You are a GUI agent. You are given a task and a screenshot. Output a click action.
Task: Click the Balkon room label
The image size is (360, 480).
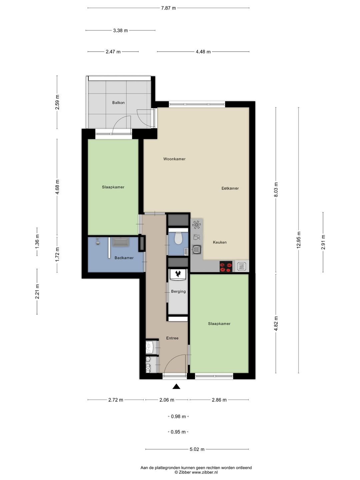click(118, 103)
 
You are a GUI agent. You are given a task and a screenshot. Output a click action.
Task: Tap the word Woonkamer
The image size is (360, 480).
click(174, 159)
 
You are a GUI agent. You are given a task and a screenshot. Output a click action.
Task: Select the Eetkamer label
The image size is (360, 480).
click(230, 188)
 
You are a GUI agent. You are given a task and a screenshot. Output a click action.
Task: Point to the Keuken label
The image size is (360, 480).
click(220, 242)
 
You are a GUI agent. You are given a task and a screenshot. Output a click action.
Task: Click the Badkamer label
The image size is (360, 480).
click(124, 258)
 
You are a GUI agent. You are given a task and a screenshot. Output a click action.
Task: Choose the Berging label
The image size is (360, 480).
click(178, 291)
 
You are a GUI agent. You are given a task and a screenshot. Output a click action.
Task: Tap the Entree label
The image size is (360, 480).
click(172, 338)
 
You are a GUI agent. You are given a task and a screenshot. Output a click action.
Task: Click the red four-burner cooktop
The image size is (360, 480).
click(226, 267)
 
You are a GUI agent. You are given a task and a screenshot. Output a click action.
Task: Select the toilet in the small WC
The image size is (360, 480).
click(178, 238)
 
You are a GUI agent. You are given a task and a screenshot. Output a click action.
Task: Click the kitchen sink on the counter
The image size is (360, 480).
click(197, 249)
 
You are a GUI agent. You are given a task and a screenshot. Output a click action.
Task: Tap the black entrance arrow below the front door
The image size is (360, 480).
click(176, 387)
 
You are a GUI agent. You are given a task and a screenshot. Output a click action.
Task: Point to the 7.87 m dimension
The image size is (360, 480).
click(168, 8)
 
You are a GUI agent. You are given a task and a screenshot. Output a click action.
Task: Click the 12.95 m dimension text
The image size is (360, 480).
click(299, 240)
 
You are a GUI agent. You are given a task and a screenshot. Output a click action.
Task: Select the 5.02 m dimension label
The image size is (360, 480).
click(197, 449)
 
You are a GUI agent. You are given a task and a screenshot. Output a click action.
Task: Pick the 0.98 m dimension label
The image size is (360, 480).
click(178, 417)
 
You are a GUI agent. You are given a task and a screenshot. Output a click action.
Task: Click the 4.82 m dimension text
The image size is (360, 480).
click(276, 323)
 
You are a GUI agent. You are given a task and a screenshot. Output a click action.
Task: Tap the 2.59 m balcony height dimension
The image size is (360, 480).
click(57, 102)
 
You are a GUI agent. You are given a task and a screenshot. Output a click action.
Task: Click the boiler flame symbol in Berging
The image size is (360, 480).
click(178, 273)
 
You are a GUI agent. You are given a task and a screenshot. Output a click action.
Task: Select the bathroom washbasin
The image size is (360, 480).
click(121, 242)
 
